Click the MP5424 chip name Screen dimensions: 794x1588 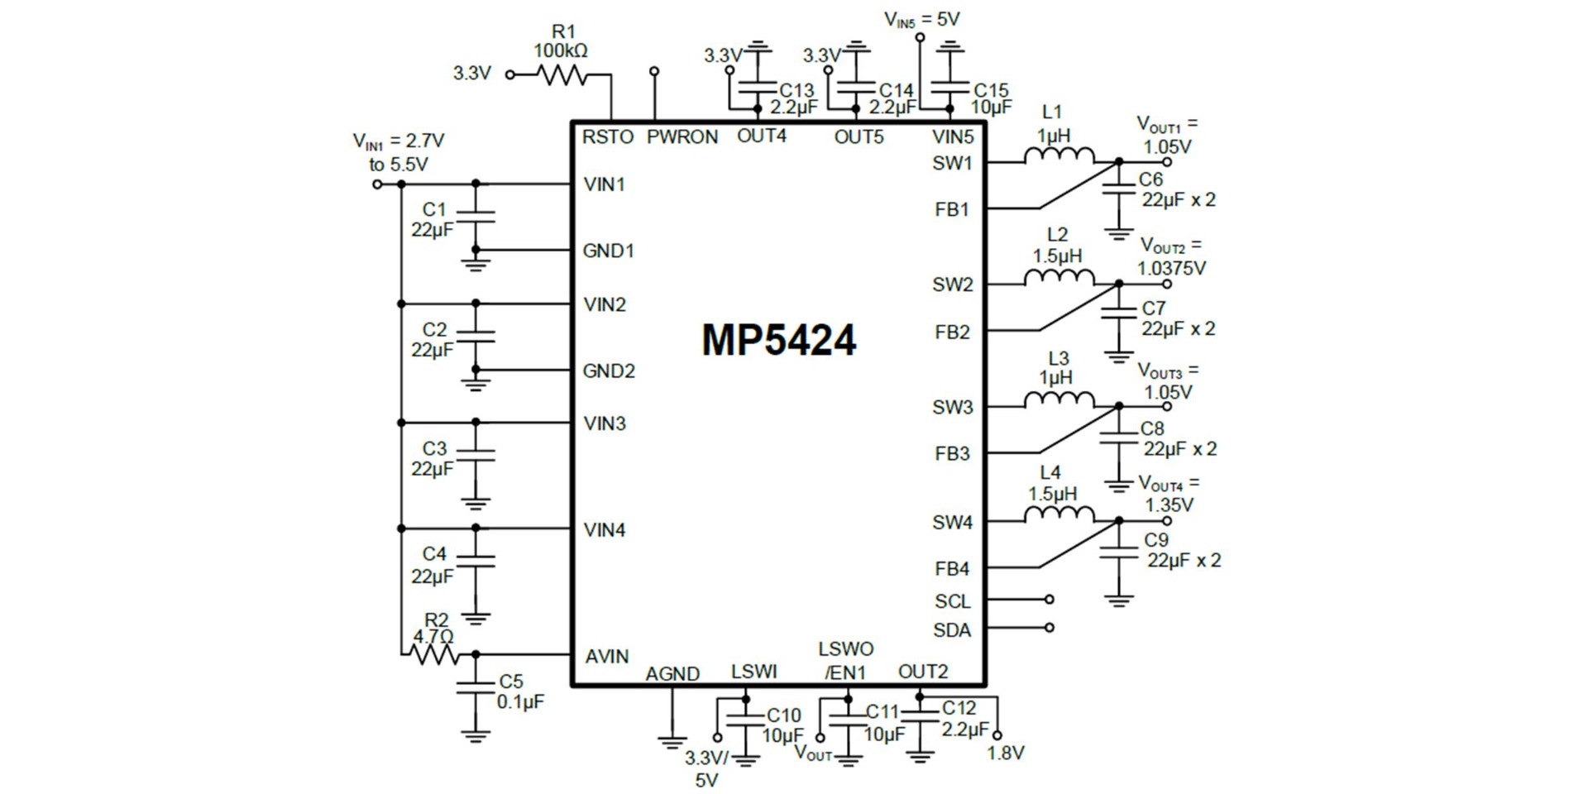pos(778,340)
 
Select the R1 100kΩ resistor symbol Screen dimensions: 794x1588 pos(562,75)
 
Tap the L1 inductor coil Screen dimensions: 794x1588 pos(1059,155)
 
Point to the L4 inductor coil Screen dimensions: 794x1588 pos(1059,515)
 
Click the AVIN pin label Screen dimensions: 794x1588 pos(607,657)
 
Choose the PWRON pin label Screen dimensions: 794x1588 pos(682,137)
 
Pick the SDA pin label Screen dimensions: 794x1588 pos(951,630)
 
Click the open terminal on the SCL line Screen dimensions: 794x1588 pos(1050,599)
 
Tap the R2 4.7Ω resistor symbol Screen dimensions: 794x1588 pos(434,654)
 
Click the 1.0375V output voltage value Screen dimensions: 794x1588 pos(1171,268)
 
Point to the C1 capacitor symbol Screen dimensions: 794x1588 pos(476,217)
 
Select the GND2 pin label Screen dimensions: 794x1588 pos(609,371)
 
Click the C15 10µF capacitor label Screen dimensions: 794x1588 pos(991,98)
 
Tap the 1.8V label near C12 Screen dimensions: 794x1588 pos(1006,753)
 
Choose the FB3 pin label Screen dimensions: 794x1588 pos(951,454)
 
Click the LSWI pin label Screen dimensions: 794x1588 pos(753,672)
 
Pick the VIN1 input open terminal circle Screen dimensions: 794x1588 pos(377,184)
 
